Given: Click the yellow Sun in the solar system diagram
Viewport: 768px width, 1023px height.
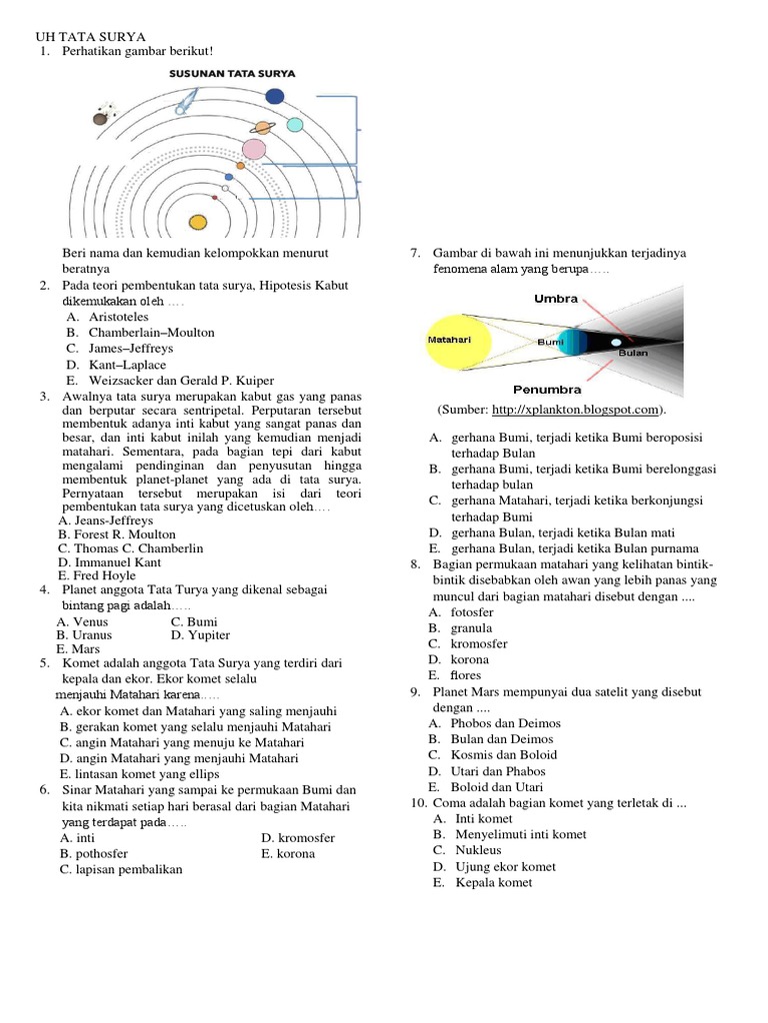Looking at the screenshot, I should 198,221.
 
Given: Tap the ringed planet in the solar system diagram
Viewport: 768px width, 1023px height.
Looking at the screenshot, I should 263,127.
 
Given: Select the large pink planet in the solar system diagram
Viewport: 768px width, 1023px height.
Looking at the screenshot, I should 254,150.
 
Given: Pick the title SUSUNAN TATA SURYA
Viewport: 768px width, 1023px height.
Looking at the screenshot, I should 232,74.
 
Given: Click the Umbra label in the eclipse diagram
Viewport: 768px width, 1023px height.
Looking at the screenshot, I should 556,298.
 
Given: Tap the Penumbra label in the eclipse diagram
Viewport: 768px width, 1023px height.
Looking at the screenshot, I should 547,389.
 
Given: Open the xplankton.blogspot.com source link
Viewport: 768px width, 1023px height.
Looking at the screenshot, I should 575,410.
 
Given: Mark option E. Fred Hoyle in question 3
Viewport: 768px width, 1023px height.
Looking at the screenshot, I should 97,576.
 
